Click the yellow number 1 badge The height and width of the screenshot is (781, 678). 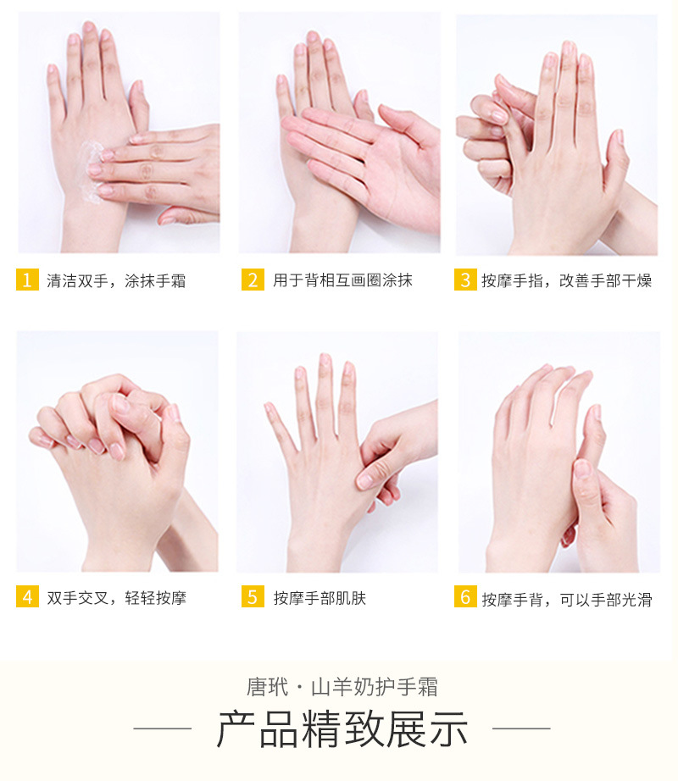27,280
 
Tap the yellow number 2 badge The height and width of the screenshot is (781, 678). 253,280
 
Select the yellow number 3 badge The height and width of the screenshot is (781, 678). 465,280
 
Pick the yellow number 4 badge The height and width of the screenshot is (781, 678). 27,596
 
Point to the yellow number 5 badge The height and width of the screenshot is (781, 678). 253,596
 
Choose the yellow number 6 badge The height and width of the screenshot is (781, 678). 465,596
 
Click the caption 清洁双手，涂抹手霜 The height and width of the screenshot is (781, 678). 116,281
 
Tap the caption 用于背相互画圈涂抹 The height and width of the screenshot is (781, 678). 342,280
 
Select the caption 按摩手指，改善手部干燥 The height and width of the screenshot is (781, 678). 566,281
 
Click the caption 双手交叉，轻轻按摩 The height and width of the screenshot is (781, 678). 117,598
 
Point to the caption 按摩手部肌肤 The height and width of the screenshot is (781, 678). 320,598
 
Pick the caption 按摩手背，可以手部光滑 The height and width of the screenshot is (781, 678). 567,599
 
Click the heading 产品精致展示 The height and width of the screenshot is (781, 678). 342,728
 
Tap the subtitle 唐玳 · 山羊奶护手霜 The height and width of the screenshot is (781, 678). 342,687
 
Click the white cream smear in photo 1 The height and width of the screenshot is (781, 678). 91,172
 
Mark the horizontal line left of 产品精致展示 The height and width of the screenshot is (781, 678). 163,728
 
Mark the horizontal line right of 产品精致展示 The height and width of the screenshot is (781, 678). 521,728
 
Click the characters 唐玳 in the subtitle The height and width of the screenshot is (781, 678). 268,687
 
